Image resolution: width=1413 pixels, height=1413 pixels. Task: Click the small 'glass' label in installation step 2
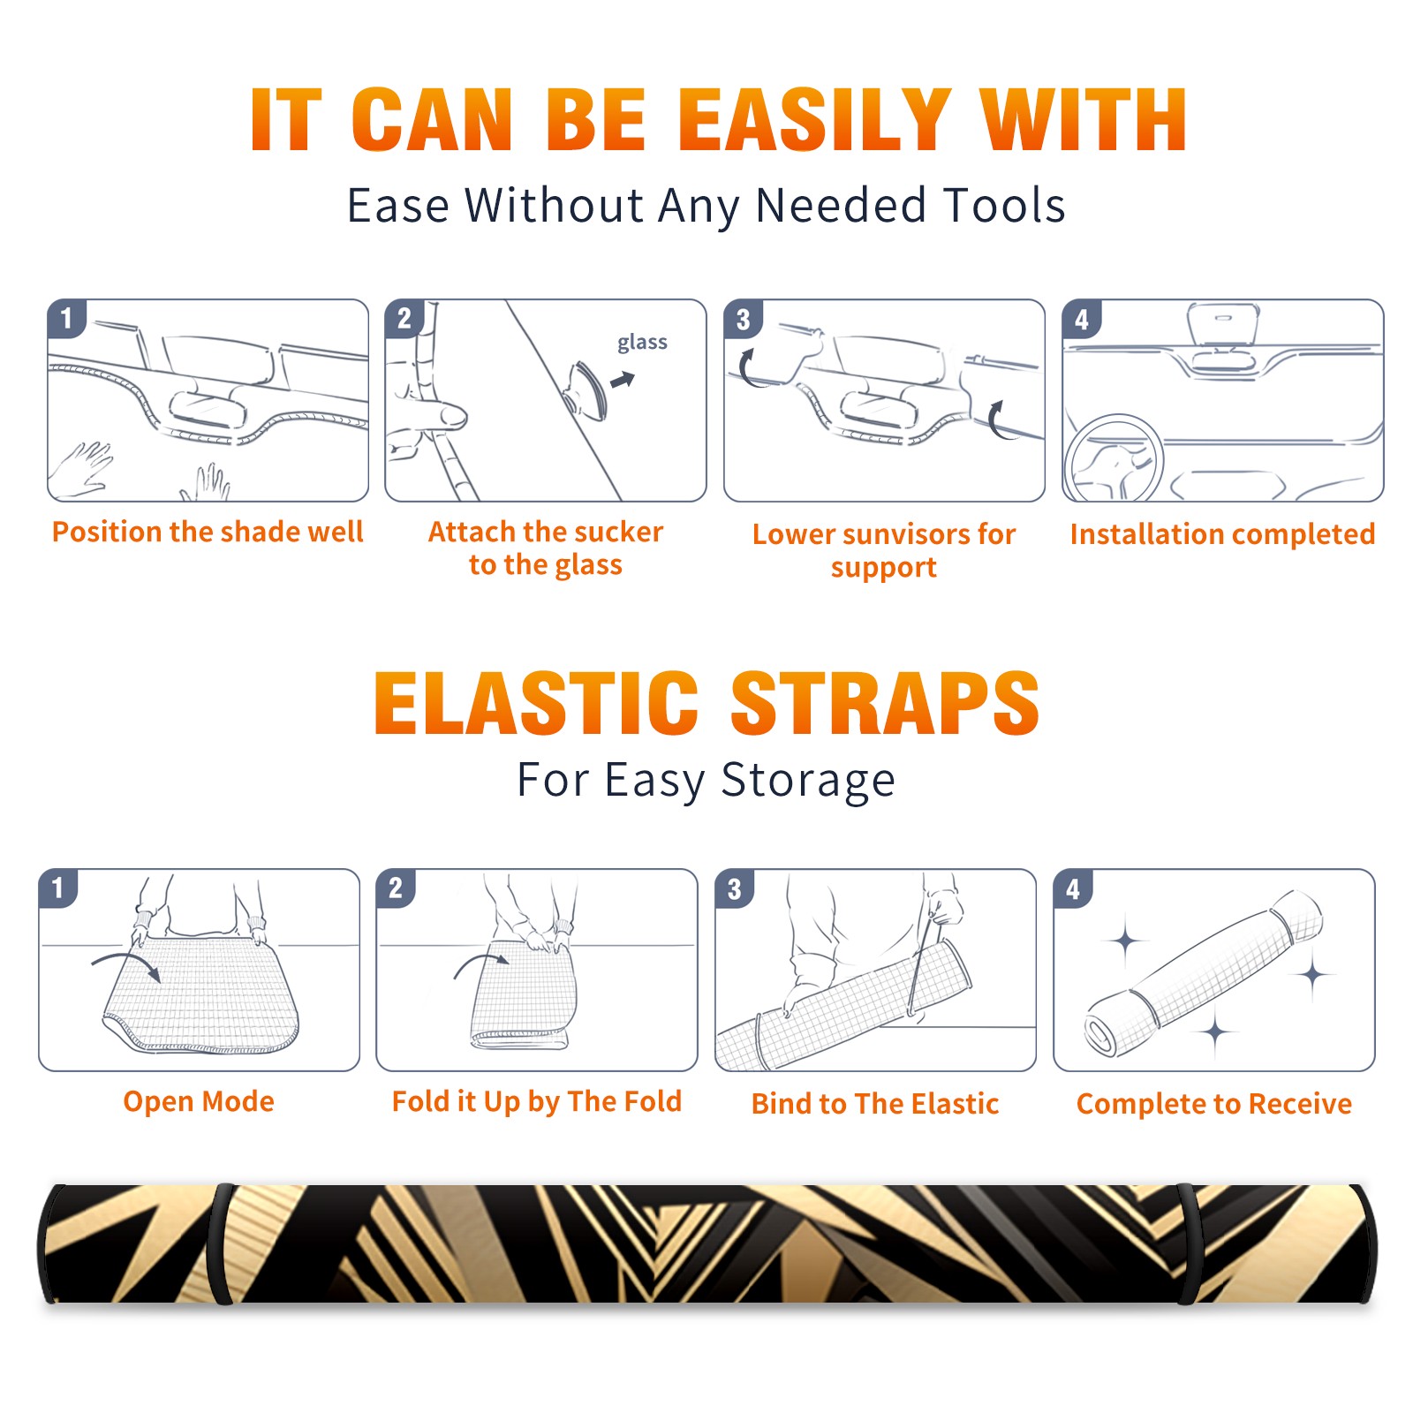click(642, 343)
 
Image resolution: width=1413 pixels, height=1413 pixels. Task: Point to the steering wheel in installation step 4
click(1114, 458)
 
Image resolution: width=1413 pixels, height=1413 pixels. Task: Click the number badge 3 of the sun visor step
click(743, 319)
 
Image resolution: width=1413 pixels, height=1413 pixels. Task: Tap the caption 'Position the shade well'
click(208, 532)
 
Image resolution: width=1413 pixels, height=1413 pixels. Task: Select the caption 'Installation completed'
click(1222, 534)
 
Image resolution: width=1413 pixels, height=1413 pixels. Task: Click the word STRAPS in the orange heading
click(885, 703)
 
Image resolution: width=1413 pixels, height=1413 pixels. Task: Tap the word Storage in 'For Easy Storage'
click(808, 781)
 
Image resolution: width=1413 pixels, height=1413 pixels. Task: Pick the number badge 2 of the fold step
click(395, 888)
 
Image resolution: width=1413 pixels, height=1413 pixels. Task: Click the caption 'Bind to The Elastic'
click(875, 1104)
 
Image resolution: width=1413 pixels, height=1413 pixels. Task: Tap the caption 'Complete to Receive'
click(1214, 1104)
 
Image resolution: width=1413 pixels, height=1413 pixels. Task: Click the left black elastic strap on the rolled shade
click(221, 1243)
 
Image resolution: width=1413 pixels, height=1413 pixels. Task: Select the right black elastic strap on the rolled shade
click(1189, 1243)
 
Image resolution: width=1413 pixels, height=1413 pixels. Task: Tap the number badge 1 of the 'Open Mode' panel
click(57, 888)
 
